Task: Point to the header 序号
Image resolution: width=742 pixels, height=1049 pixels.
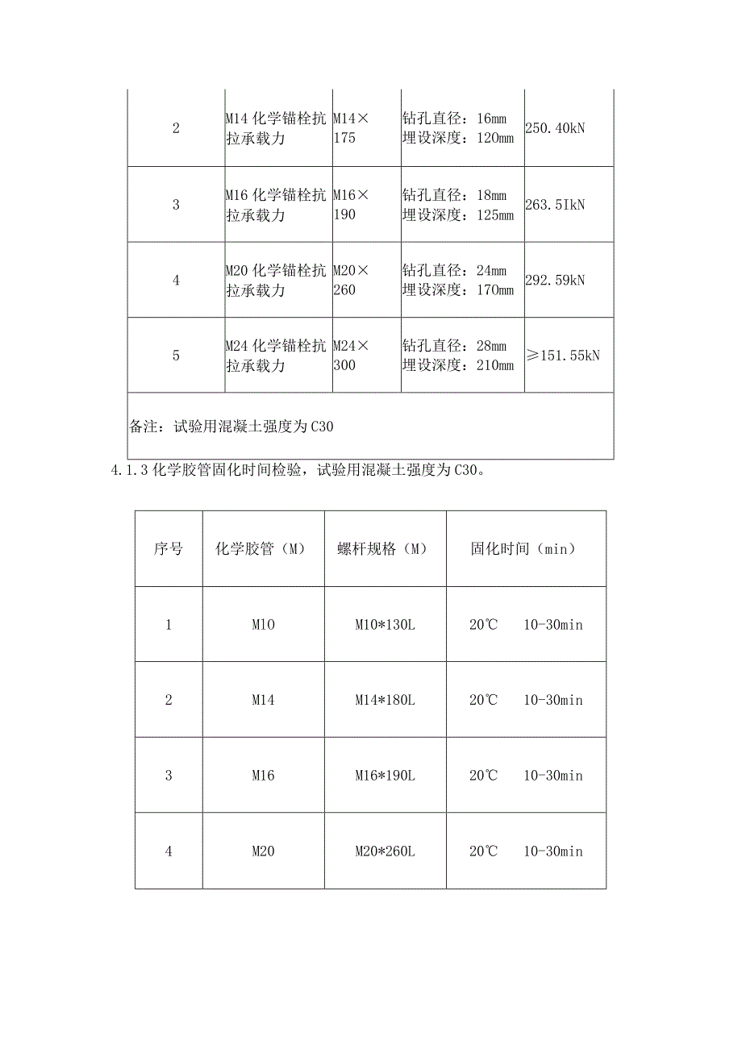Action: pos(169,548)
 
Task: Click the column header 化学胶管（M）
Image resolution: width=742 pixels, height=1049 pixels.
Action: pos(263,548)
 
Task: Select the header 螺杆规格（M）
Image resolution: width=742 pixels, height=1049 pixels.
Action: pos(385,548)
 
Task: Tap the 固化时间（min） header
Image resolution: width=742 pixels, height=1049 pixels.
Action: pos(525,548)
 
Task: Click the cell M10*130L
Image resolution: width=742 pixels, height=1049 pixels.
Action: pos(385,624)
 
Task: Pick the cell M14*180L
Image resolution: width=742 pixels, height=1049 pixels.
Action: pos(385,700)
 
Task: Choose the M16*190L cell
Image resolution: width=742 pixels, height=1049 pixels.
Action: pos(385,776)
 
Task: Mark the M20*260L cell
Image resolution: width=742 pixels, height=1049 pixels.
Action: pos(385,851)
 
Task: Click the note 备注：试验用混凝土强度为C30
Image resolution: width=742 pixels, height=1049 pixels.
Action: pos(231,427)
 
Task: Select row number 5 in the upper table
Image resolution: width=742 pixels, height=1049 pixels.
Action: pos(176,355)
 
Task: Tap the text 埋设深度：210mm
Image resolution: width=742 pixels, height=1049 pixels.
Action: pos(457,365)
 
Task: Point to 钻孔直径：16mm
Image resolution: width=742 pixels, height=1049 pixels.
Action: pos(454,119)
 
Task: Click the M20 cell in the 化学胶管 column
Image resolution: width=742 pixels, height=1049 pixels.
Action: pos(263,851)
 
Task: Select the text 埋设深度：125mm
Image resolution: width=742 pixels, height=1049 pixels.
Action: pos(457,214)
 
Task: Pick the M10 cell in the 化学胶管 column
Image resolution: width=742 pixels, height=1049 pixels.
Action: pos(263,624)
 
